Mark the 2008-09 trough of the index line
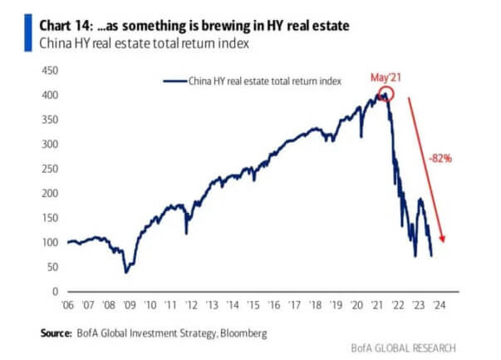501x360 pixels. pos(126,271)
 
